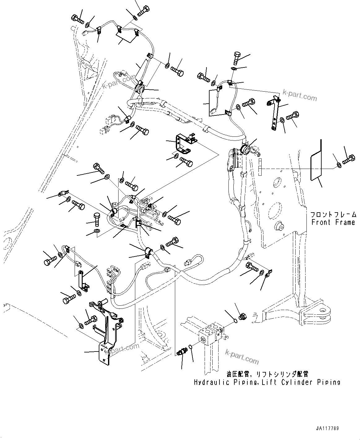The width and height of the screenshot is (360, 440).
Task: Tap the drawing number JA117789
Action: click(x=327, y=429)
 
